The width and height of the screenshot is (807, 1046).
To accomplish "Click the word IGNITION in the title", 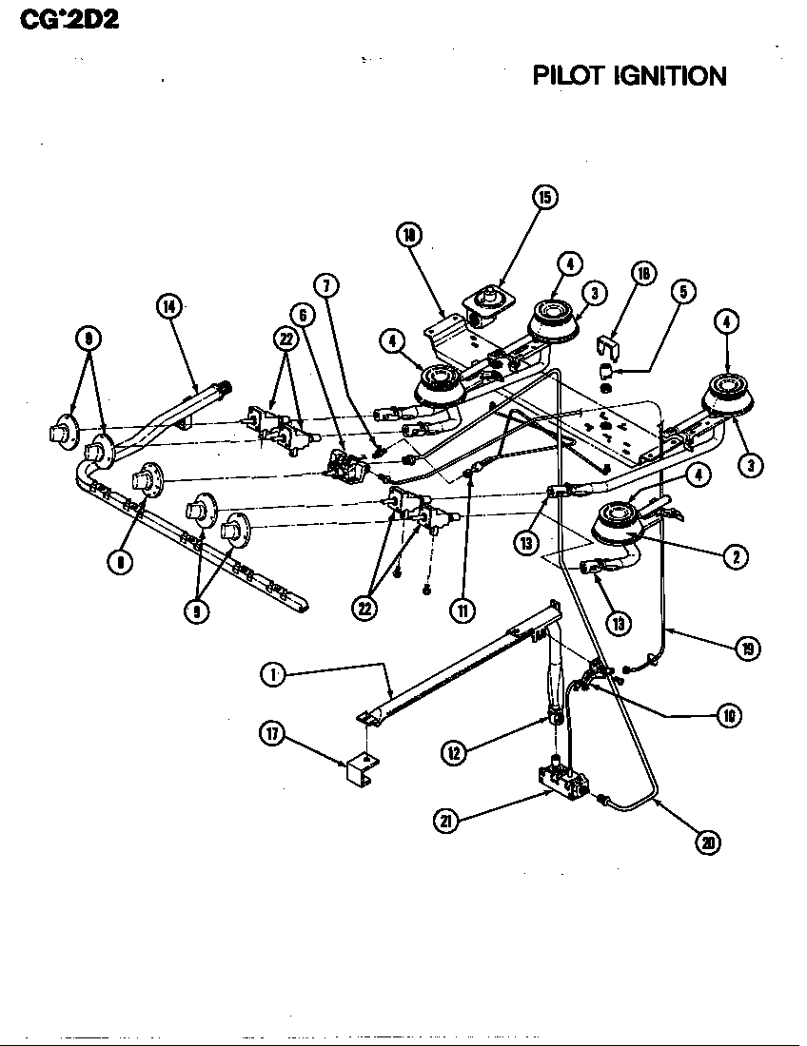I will [671, 75].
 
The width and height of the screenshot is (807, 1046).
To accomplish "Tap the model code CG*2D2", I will [62, 18].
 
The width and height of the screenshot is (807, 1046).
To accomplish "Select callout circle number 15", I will [543, 197].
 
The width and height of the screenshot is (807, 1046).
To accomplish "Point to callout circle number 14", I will [169, 306].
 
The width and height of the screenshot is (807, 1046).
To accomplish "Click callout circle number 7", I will [325, 284].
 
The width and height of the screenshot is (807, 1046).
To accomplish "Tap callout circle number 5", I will [681, 294].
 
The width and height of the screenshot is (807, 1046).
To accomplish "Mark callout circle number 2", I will [733, 558].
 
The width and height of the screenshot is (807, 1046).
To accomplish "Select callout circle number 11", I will [463, 611].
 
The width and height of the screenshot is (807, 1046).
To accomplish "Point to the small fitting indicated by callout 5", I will [605, 370].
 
